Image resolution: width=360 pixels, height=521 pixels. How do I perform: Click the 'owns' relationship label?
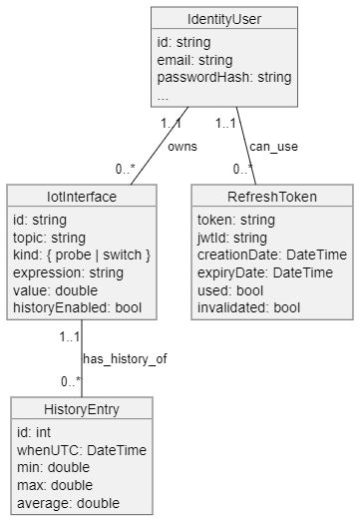181,146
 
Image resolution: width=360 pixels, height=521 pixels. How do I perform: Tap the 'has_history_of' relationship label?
117,357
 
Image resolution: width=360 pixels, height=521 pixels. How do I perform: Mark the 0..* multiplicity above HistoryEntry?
69,382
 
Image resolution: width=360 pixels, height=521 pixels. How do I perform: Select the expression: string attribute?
69,273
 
